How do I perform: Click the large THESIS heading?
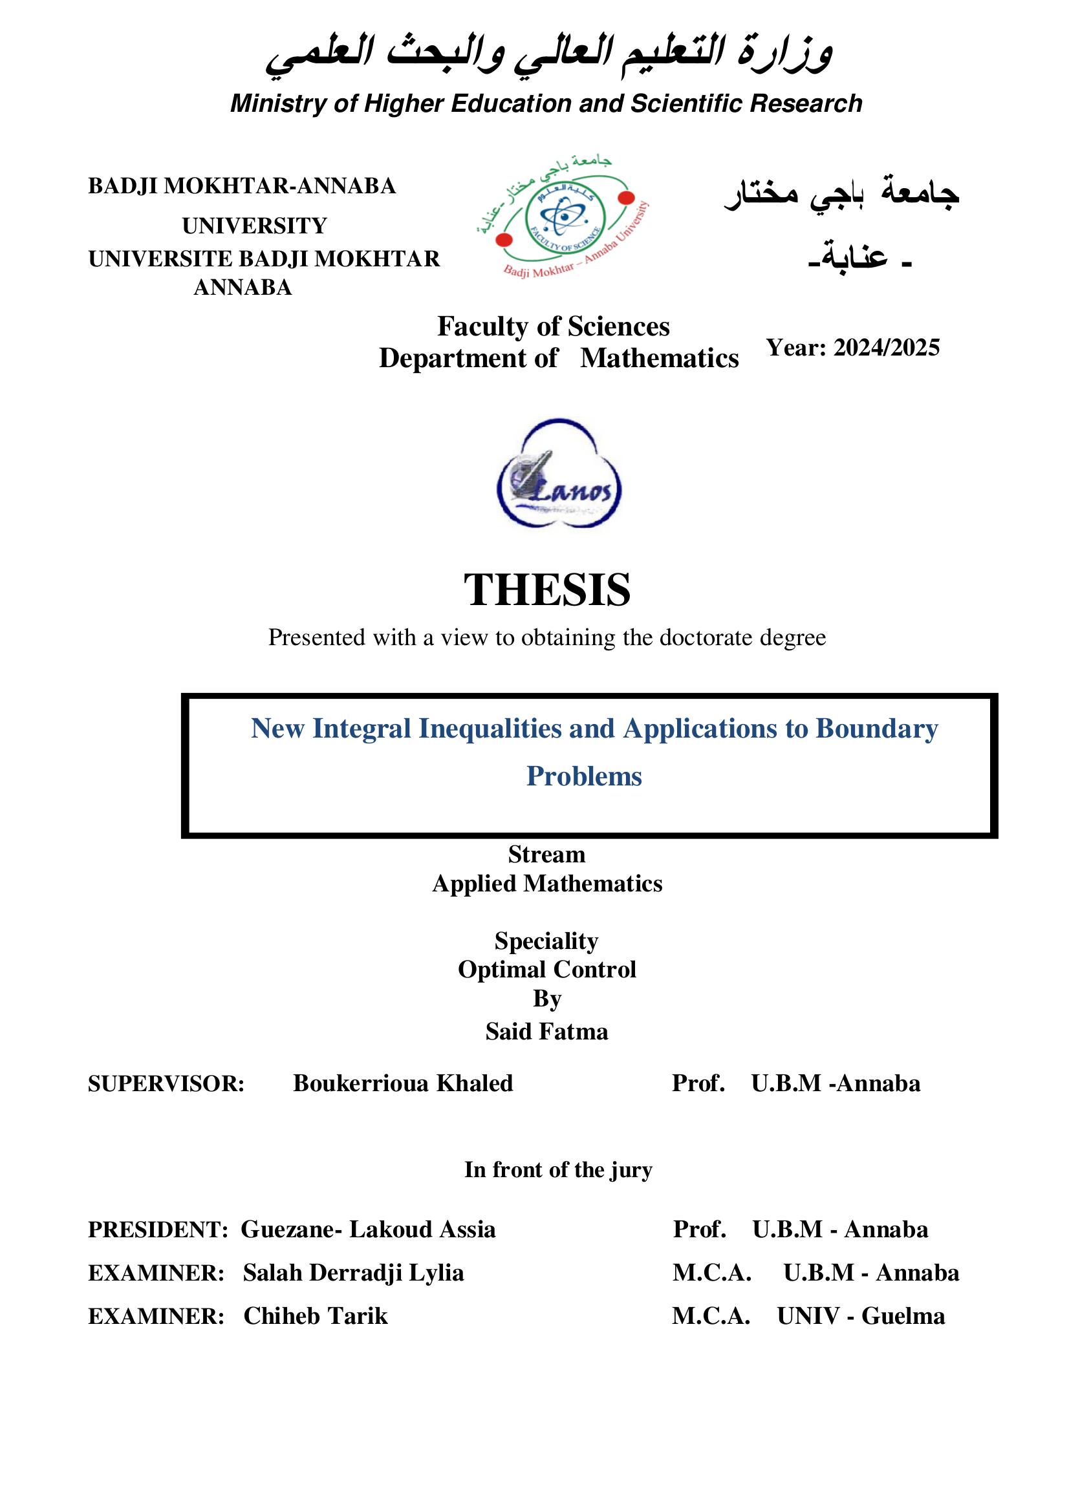point(546,590)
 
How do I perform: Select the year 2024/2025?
point(886,348)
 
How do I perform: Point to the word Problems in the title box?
point(583,776)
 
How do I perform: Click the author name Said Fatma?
point(546,1031)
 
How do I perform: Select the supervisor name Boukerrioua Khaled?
point(402,1083)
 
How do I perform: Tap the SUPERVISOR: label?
point(166,1084)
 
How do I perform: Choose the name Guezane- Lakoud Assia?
point(367,1230)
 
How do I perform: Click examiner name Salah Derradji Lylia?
point(353,1273)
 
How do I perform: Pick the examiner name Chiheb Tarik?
point(316,1316)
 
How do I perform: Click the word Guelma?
point(903,1316)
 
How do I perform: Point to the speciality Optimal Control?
point(546,970)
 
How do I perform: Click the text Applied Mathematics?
point(546,884)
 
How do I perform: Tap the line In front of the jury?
point(558,1169)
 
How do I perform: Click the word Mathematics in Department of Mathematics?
point(660,358)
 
